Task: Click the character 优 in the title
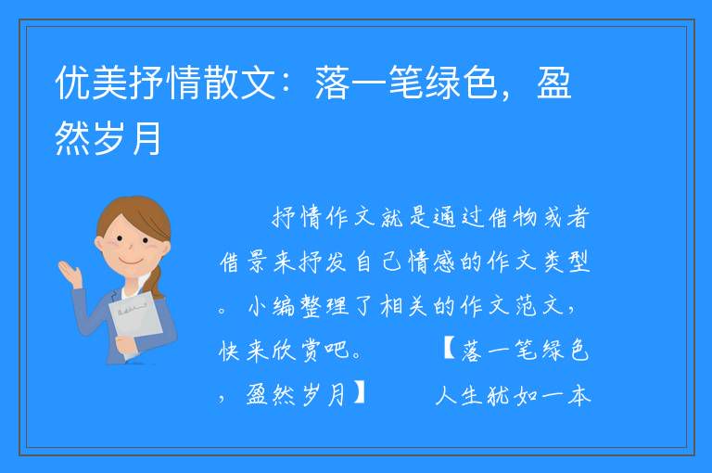coord(72,83)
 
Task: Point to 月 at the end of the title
coord(146,138)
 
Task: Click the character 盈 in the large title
coord(554,83)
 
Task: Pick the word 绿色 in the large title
coord(461,83)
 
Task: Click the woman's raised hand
coord(70,272)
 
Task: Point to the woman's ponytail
coord(156,281)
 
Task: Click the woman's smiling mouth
coord(129,262)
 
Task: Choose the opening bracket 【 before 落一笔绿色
coord(450,350)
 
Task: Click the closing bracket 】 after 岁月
coord(359,394)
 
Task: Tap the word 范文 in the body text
coord(540,306)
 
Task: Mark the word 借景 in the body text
coord(244,262)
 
